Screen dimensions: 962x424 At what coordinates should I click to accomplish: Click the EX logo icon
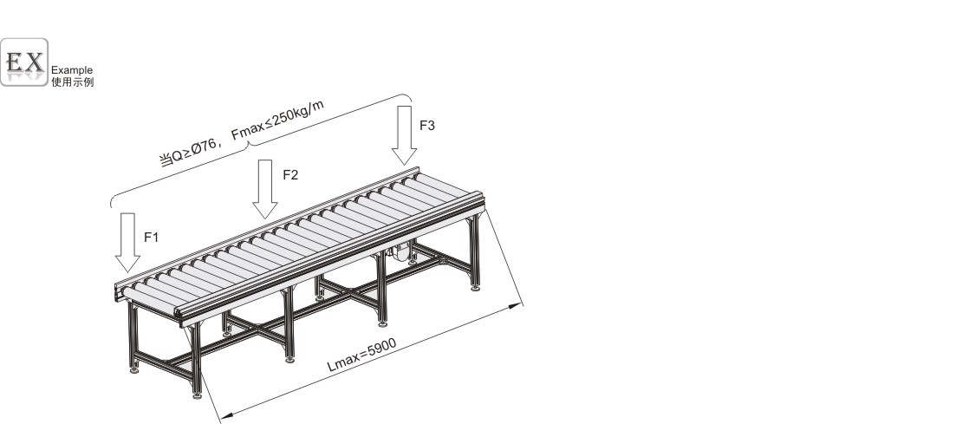click(x=24, y=62)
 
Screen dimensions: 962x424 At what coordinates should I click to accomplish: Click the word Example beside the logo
click(x=72, y=70)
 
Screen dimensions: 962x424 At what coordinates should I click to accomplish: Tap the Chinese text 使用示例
click(x=73, y=82)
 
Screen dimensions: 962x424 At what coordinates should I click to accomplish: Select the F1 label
click(x=151, y=238)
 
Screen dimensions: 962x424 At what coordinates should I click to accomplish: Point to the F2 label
click(x=290, y=175)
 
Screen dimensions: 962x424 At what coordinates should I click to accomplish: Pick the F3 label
click(x=427, y=125)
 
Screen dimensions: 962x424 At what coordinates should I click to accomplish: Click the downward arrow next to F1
click(x=127, y=243)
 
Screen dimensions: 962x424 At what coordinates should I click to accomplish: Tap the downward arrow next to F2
click(x=265, y=189)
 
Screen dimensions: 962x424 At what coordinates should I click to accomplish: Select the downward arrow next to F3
click(x=405, y=135)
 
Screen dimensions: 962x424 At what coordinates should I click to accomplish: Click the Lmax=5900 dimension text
click(x=361, y=356)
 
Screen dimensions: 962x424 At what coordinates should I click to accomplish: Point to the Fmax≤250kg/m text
click(x=277, y=121)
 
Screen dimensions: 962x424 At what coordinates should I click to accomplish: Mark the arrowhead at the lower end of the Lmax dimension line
click(x=226, y=417)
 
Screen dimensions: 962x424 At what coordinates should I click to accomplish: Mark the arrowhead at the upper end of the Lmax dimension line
click(x=516, y=305)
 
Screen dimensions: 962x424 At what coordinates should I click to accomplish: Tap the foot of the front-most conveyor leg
click(x=197, y=395)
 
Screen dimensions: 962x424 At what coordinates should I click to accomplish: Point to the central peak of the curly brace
click(x=249, y=143)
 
